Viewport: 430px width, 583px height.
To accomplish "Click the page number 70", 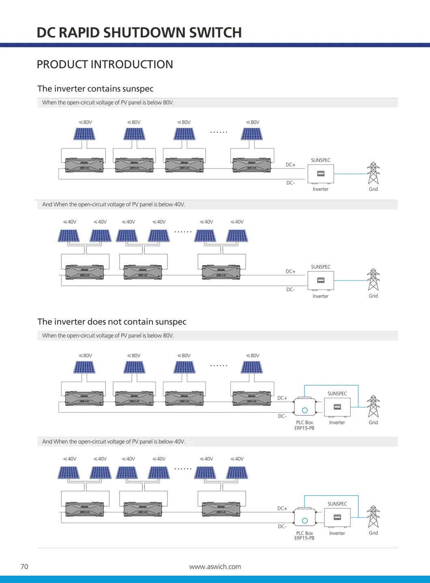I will pyautogui.click(x=24, y=566).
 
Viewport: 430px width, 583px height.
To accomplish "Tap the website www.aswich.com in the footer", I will pyautogui.click(x=215, y=566).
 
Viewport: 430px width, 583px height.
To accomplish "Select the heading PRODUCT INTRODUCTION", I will pyautogui.click(x=105, y=64).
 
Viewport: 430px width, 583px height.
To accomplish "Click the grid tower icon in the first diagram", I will pyautogui.click(x=373, y=173).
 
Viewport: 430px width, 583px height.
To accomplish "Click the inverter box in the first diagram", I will pyautogui.click(x=320, y=174).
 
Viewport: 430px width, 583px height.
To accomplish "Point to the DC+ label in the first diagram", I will pyautogui.click(x=290, y=165).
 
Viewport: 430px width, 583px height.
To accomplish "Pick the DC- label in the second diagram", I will pyautogui.click(x=290, y=289).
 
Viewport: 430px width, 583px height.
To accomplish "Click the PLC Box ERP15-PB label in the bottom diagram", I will pyautogui.click(x=304, y=536).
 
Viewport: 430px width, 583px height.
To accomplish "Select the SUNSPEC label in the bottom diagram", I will pyautogui.click(x=337, y=504).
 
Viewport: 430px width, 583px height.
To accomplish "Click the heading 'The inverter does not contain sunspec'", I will pyautogui.click(x=112, y=322).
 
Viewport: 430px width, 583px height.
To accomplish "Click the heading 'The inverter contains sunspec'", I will pyautogui.click(x=95, y=89).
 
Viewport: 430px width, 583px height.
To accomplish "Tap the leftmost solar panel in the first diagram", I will pyautogui.click(x=84, y=134).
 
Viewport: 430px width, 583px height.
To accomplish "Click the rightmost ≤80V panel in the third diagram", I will pyautogui.click(x=252, y=367).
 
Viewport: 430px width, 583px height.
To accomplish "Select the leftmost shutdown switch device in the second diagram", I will pyautogui.click(x=84, y=272).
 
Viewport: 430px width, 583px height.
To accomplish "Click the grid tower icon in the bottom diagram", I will pyautogui.click(x=373, y=517).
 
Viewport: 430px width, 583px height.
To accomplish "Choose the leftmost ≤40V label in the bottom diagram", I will pyautogui.click(x=70, y=459).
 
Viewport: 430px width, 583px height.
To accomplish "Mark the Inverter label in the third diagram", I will pyautogui.click(x=337, y=422).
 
